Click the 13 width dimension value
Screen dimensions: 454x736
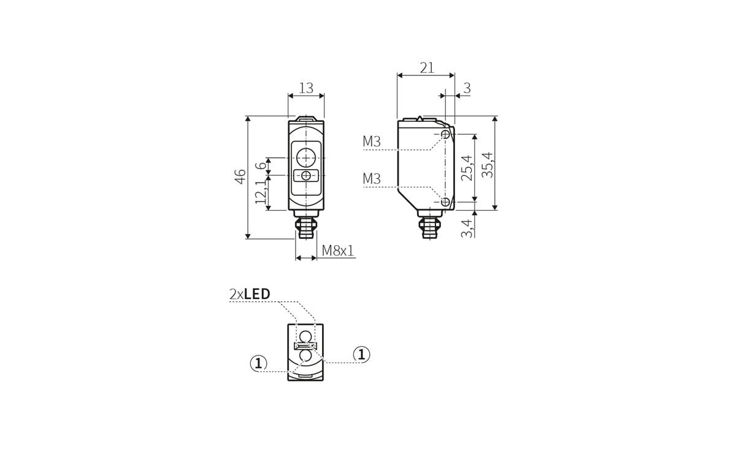(305, 88)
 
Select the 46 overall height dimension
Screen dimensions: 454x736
(240, 176)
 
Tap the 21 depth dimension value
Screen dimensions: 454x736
(427, 68)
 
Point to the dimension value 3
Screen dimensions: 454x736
(467, 88)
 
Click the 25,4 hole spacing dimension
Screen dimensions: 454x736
(466, 167)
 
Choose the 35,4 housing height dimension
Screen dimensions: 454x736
(487, 164)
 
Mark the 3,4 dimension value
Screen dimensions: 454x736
(467, 227)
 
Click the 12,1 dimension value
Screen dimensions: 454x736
(261, 191)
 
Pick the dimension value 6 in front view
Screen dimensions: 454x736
(261, 165)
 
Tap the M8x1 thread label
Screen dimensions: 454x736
(338, 251)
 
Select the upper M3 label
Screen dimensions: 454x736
(372, 142)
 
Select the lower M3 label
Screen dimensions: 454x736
(372, 180)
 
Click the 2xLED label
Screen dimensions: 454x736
(250, 294)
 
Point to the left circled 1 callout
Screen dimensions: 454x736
(259, 363)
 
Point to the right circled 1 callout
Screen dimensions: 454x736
(362, 354)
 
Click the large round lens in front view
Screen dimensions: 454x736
(305, 157)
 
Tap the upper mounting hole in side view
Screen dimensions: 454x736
(445, 134)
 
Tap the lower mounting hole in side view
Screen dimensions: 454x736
(445, 202)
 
